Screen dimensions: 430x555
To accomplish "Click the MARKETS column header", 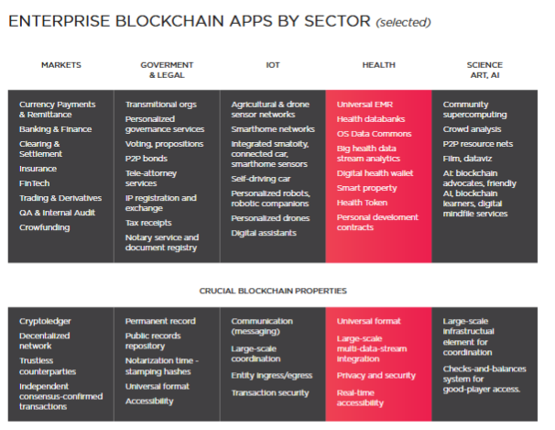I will click(61, 65).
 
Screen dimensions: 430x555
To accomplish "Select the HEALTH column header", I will click(378, 65).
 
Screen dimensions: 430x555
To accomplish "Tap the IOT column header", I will click(272, 65).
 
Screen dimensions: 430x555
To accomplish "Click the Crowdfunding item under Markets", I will click(45, 226).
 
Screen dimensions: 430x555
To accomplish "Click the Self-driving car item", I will click(262, 178).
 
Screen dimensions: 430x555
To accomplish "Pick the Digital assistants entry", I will click(264, 233).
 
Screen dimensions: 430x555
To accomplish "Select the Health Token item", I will click(363, 203).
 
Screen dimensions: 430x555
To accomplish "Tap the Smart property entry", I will click(367, 187).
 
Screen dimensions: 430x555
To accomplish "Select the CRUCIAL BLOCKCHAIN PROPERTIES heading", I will click(272, 291).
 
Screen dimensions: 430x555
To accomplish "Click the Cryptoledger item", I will click(45, 321).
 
